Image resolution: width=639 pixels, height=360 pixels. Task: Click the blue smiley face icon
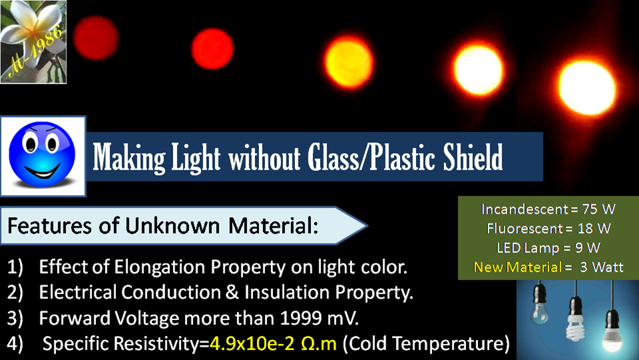(x=42, y=155)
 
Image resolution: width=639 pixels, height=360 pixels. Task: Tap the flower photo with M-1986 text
(x=33, y=41)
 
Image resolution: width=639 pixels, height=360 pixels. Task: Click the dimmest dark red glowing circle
(x=96, y=38)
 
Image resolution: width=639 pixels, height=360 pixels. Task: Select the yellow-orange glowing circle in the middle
(x=349, y=63)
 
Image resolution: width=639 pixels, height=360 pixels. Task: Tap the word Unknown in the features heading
(x=172, y=226)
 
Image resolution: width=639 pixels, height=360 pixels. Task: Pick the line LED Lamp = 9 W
(x=548, y=248)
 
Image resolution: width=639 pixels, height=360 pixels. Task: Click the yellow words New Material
(x=518, y=267)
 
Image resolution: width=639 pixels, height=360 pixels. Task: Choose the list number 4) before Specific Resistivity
(x=15, y=344)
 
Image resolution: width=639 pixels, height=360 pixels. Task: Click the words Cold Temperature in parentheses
(x=426, y=344)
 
